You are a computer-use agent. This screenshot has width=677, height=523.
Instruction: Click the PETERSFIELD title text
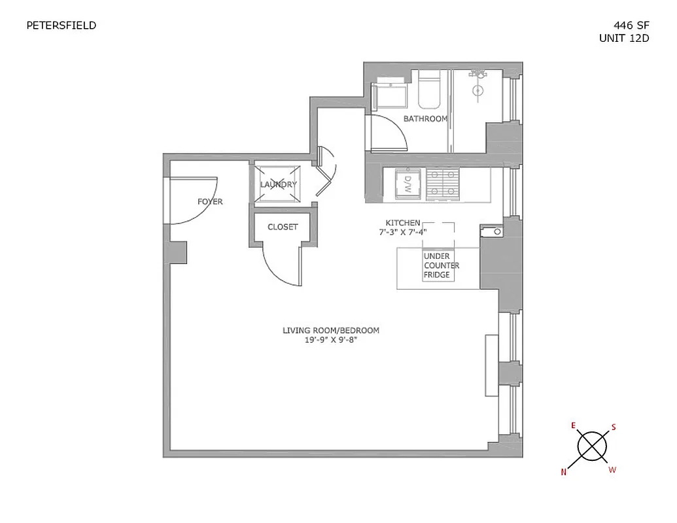[x=61, y=25]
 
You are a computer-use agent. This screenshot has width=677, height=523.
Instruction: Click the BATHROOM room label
[x=425, y=119]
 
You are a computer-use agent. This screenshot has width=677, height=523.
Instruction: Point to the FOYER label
[x=210, y=201]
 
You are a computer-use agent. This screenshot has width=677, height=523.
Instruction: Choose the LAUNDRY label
[x=278, y=184]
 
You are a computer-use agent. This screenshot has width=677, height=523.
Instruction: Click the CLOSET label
[x=283, y=227]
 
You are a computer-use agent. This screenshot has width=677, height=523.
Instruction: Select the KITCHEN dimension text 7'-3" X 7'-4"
[x=403, y=231]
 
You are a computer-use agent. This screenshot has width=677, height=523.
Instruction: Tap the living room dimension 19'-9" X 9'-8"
[x=330, y=339]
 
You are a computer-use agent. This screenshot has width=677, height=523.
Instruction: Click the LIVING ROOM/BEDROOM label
[x=330, y=330]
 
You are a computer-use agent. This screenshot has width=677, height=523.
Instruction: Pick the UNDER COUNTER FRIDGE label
[x=442, y=265]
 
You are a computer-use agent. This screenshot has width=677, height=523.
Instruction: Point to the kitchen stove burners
[x=443, y=183]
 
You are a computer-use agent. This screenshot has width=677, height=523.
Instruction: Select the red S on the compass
[x=614, y=427]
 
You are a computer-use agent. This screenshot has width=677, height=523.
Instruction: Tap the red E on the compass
[x=574, y=426]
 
